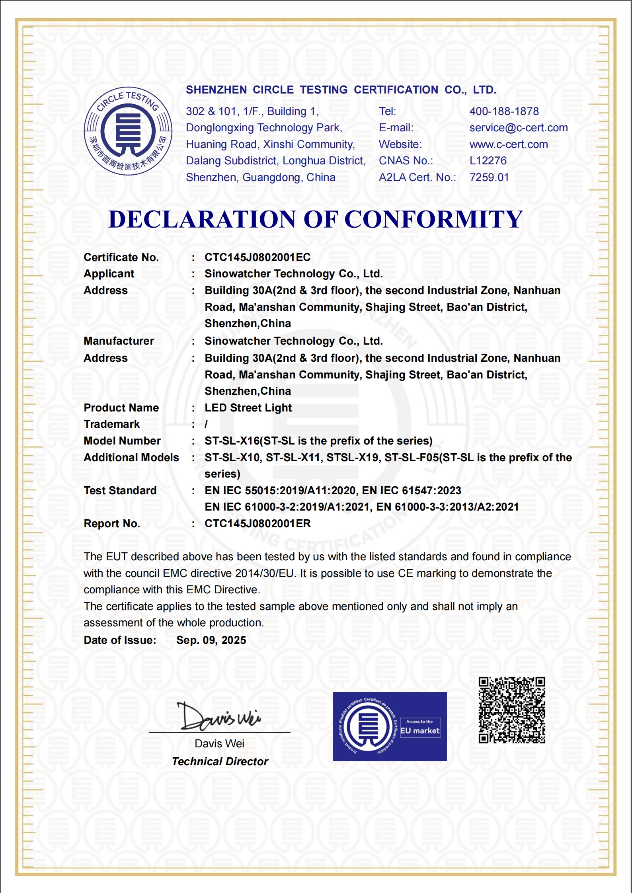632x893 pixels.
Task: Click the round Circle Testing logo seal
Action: [x=128, y=131]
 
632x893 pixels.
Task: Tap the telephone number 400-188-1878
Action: [x=504, y=111]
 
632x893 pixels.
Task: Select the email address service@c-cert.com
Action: [x=518, y=128]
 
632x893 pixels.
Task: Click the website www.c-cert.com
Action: [x=508, y=144]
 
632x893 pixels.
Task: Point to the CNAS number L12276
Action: [x=488, y=161]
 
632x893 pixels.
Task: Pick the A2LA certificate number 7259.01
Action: [x=489, y=177]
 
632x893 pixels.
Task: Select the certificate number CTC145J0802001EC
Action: [x=257, y=257]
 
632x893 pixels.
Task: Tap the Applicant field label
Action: [x=109, y=274]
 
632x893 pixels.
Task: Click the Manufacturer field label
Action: [x=119, y=341]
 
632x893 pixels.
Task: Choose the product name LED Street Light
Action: [x=248, y=408]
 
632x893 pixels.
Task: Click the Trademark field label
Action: [x=111, y=424]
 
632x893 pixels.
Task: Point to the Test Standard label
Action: [x=120, y=491]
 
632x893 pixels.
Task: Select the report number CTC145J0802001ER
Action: [x=257, y=524]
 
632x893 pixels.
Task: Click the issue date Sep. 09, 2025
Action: [x=211, y=640]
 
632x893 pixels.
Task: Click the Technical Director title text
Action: [x=220, y=762]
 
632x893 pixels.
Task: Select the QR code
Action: [x=511, y=710]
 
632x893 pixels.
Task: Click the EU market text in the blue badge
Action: [x=420, y=731]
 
